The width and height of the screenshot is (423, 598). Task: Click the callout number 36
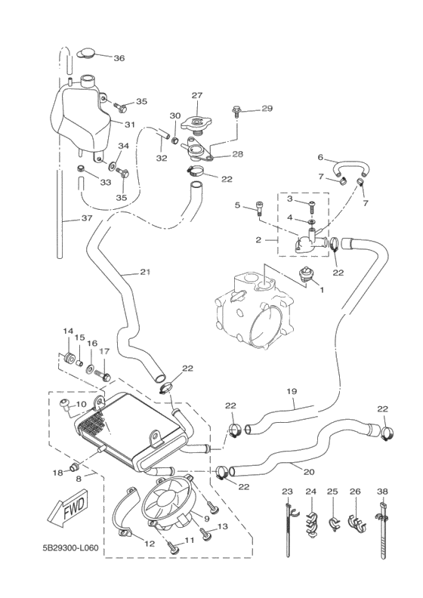(x=119, y=58)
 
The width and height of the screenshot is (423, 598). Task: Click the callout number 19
(x=292, y=391)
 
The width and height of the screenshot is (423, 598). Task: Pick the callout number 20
(x=308, y=472)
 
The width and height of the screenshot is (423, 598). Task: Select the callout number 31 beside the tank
(x=130, y=125)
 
